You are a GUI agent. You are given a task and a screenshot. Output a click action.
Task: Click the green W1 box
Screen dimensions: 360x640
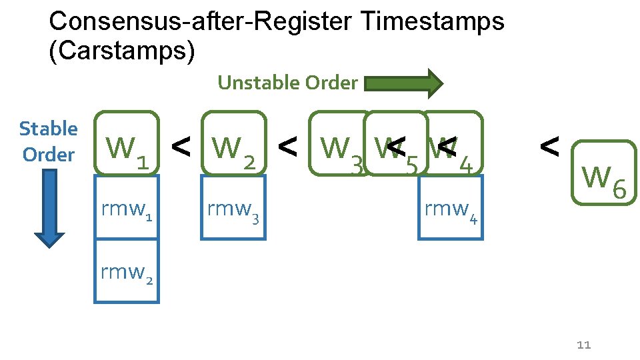127,143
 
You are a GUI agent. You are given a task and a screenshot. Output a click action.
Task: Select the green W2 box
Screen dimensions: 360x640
233,143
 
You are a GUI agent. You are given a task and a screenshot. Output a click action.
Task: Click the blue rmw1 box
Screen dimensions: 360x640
127,207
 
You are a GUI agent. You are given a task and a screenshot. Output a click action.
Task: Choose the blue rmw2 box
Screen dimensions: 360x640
127,272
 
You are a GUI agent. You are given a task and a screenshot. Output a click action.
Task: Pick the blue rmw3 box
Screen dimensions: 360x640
233,207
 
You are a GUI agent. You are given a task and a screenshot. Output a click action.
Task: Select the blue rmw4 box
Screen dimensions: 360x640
451,207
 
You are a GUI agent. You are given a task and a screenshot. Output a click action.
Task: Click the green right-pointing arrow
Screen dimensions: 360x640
404,83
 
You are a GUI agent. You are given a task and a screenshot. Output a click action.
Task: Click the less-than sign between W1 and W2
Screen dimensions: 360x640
180,145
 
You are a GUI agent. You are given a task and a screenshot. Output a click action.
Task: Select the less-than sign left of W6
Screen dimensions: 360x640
549,145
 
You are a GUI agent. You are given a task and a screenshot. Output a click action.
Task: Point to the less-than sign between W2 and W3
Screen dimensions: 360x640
287,145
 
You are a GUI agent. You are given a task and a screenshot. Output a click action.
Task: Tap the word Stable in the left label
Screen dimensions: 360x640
48,129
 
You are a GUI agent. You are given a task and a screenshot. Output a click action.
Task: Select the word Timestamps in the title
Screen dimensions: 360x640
432,21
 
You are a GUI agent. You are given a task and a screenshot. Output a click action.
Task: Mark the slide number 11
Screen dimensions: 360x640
584,345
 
